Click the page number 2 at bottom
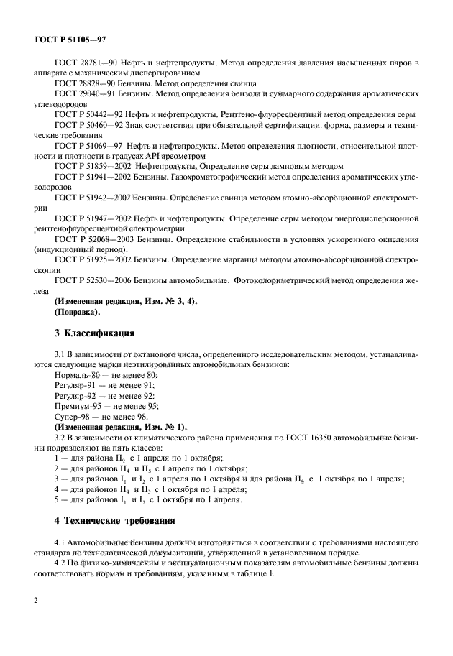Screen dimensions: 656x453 point(36,619)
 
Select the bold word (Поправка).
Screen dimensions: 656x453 point(77,313)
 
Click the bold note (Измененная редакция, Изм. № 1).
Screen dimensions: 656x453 point(119,426)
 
